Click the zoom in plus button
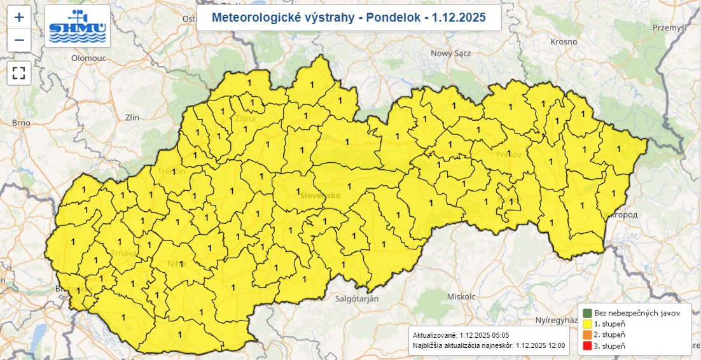(19, 17)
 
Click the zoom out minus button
(19, 40)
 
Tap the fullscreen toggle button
(19, 73)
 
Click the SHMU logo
(78, 26)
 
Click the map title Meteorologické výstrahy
(348, 17)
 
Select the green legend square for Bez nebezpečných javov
(586, 313)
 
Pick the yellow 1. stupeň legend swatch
(586, 324)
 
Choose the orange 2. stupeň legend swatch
(586, 335)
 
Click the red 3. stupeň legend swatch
(586, 346)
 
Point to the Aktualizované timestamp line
(461, 335)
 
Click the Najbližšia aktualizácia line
(489, 345)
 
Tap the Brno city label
(21, 123)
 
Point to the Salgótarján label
(357, 298)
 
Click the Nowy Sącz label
(450, 53)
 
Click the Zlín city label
(132, 117)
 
